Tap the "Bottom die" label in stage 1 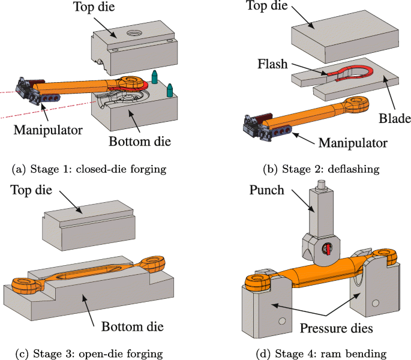pyautogui.click(x=140, y=142)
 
